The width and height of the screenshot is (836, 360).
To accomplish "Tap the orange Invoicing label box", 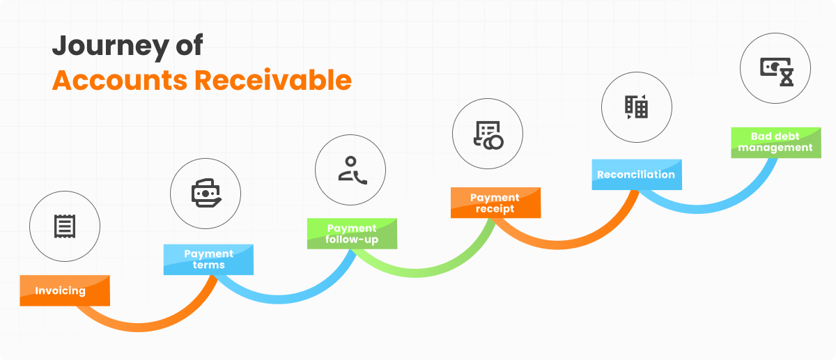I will tap(65, 291).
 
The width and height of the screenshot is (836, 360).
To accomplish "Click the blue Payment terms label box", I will tap(208, 259).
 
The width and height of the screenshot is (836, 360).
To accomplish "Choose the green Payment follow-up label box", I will tap(352, 234).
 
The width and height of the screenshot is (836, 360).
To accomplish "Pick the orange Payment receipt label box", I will tap(495, 203).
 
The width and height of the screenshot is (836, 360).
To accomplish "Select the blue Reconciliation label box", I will tap(636, 175).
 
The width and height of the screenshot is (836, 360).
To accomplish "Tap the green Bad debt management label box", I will tap(775, 142).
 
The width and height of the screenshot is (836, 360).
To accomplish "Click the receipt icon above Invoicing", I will tap(65, 225).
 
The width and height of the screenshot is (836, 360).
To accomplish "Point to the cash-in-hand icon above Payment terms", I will tap(206, 193).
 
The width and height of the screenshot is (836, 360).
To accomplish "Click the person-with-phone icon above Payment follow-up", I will tap(350, 169).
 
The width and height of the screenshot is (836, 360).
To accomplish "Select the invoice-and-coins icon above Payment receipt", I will tap(488, 135).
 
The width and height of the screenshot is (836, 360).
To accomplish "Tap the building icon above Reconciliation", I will tap(636, 107).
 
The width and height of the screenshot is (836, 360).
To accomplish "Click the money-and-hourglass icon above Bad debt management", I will tap(775, 68).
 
